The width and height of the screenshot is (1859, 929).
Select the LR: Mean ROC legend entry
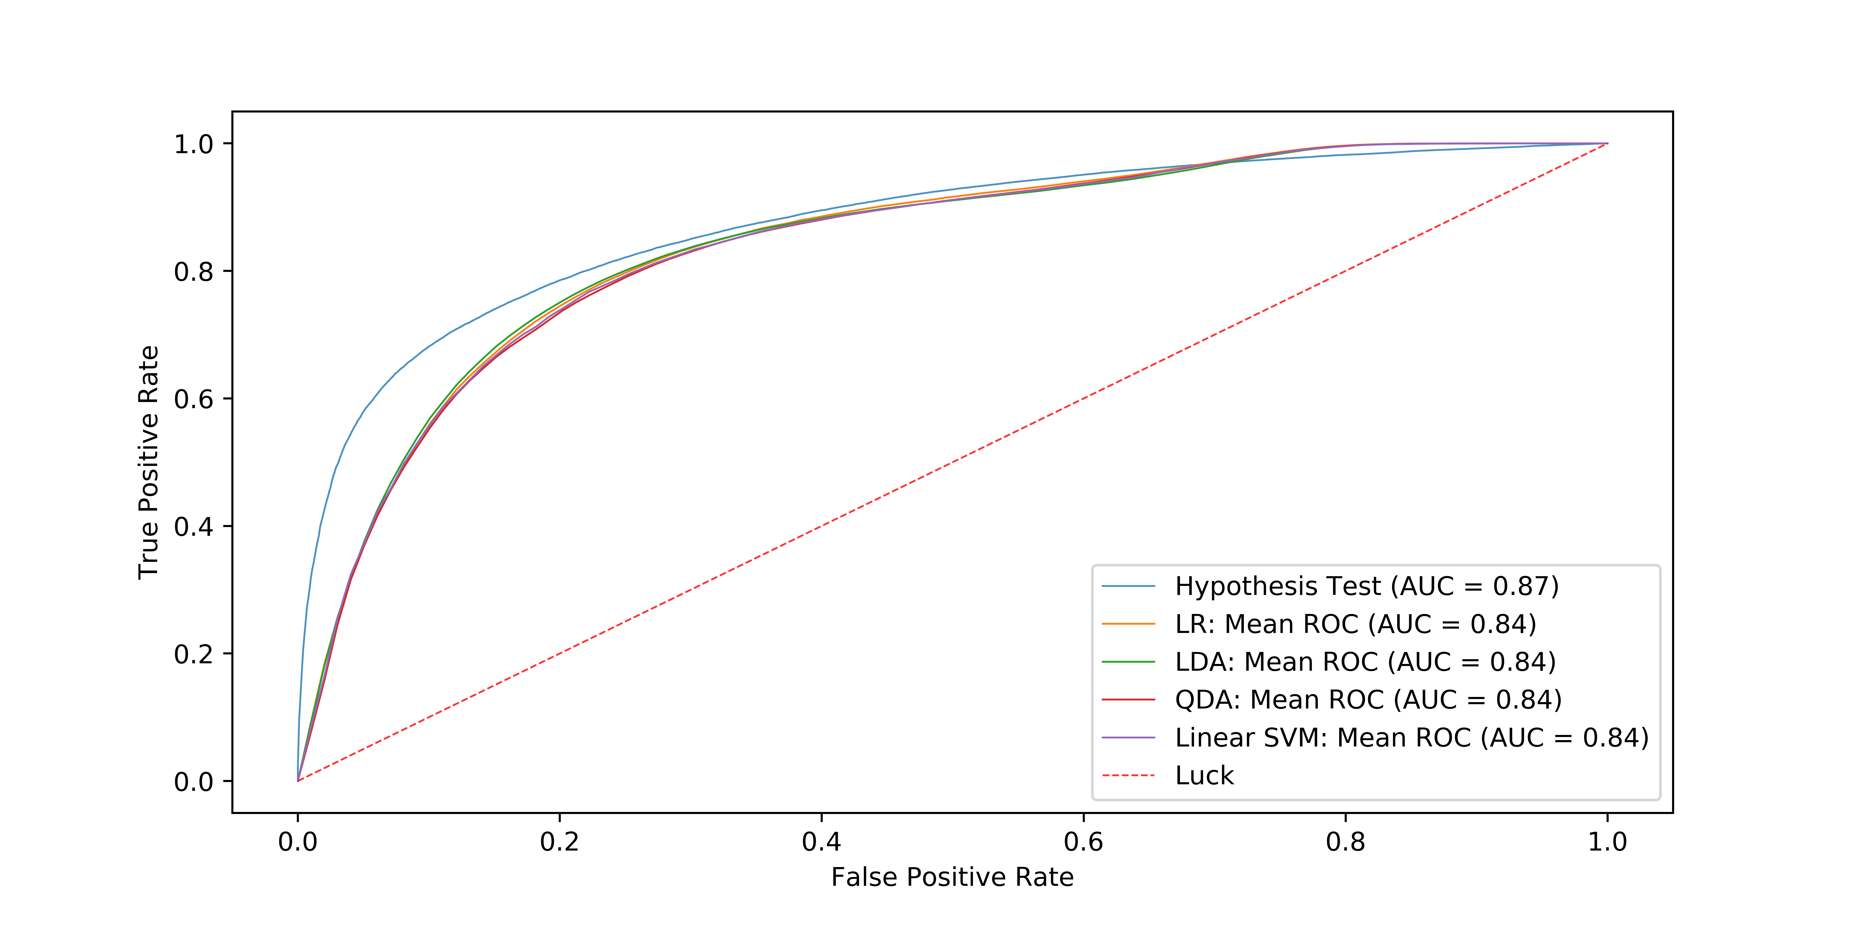pos(1355,624)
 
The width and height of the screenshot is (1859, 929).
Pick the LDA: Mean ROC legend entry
pos(1365,662)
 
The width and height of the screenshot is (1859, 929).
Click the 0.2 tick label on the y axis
pos(193,654)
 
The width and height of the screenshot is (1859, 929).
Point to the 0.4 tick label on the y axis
pos(193,526)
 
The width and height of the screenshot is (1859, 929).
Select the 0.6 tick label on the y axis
pos(193,399)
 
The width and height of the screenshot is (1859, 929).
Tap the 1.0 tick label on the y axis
pos(193,144)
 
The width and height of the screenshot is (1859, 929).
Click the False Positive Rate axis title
pos(952,877)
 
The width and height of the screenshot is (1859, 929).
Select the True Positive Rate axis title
pos(149,462)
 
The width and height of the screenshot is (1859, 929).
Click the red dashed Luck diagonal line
pos(953,462)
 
